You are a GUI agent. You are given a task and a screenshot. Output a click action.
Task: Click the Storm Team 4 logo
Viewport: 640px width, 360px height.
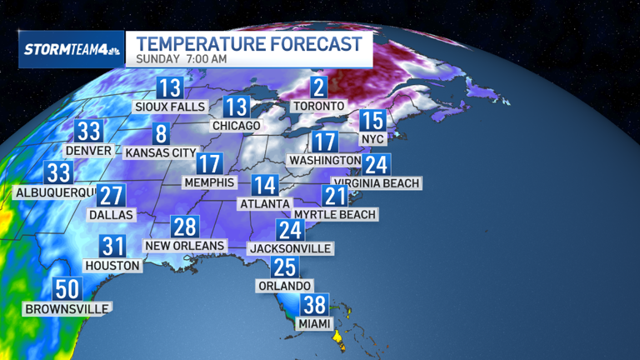(x=70, y=48)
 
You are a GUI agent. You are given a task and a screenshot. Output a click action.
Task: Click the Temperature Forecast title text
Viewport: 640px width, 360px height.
(x=249, y=42)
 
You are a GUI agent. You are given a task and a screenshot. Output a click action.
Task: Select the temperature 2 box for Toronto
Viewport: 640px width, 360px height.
(x=317, y=87)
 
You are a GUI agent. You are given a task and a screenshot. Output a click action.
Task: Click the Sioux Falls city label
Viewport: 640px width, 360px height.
(x=170, y=107)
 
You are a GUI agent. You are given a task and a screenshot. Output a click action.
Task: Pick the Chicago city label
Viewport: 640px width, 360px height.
(x=236, y=125)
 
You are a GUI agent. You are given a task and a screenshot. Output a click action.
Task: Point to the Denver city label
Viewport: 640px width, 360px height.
(x=88, y=150)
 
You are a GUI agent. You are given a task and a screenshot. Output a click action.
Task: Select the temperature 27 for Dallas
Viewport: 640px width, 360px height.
(x=111, y=196)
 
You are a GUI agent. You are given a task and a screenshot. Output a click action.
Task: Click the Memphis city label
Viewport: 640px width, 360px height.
(x=209, y=182)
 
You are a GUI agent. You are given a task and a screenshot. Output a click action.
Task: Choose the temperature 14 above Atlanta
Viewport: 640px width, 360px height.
(x=267, y=186)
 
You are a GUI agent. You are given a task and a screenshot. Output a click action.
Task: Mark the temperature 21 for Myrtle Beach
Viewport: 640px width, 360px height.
(x=335, y=197)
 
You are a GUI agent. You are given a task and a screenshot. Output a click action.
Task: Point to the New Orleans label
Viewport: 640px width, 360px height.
(x=184, y=245)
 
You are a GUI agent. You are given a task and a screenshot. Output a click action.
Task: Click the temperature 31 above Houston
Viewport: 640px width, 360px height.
(x=112, y=247)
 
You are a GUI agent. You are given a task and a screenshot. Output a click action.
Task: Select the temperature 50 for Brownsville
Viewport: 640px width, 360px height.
(x=66, y=290)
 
